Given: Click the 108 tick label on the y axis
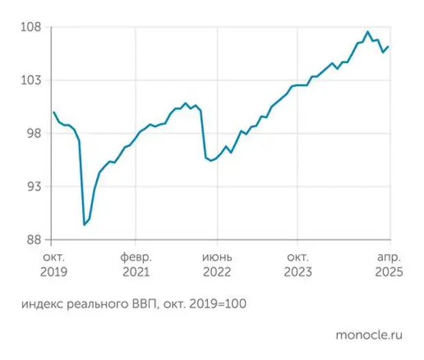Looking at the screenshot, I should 33,27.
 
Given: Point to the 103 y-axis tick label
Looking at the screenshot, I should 33,80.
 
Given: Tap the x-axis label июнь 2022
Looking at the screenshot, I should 217,264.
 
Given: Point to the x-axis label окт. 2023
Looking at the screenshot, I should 297,264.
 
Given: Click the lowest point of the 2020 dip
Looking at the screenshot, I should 84,224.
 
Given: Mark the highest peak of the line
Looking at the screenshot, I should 368,31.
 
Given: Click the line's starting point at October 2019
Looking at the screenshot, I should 53,112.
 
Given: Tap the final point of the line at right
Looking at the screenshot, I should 388,46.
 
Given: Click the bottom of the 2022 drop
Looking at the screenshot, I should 211,161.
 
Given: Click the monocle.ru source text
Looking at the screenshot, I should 369,335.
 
